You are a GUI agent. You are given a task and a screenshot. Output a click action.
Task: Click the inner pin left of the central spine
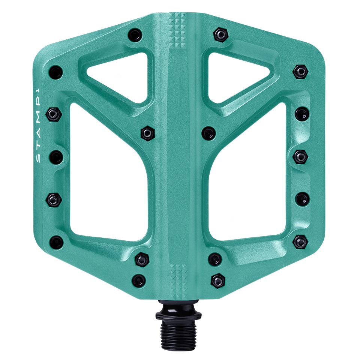[146, 132]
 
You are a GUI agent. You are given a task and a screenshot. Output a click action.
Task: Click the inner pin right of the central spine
[208, 132]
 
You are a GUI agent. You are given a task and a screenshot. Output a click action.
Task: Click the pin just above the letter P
[53, 112]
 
